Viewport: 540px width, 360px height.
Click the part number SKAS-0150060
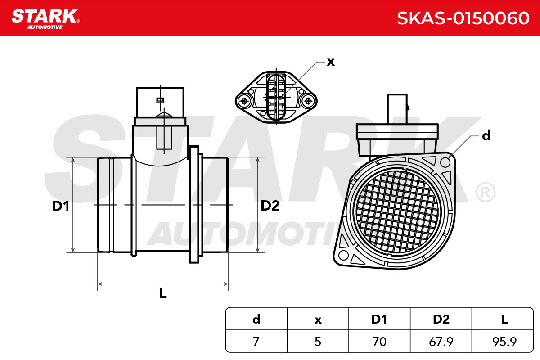[x=463, y=18]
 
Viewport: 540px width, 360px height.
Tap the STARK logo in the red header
[x=45, y=19]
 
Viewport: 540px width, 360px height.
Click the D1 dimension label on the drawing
[x=60, y=206]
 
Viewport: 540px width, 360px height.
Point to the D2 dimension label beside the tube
[x=270, y=206]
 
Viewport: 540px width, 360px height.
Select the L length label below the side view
[x=163, y=293]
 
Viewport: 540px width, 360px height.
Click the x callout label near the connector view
[x=331, y=62]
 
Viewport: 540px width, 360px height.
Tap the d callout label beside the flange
[x=486, y=135]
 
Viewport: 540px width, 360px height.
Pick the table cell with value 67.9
[x=441, y=342]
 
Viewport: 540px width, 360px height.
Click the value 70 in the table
[x=379, y=342]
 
